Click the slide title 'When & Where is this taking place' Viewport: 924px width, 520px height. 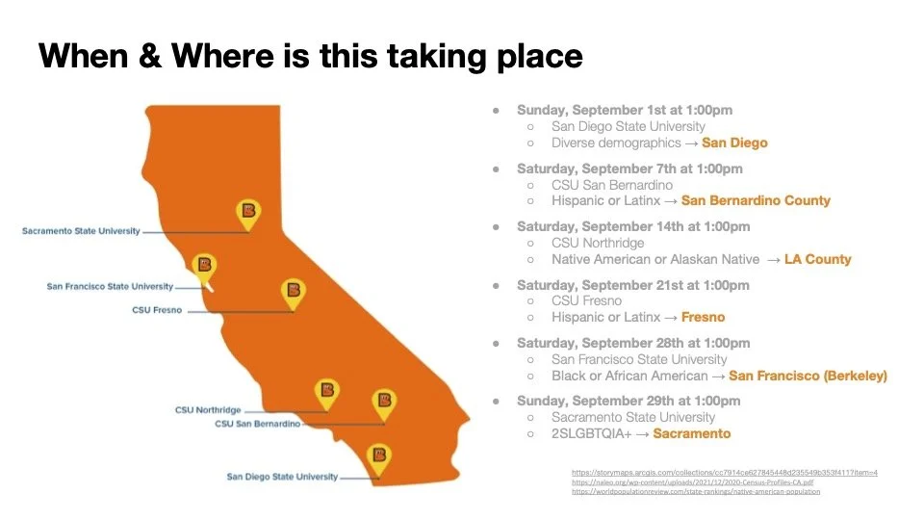[310, 56]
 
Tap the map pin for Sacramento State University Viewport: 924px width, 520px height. [249, 213]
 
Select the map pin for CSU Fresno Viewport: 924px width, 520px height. [294, 292]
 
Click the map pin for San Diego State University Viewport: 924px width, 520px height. [379, 456]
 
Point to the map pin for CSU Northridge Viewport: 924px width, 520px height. [327, 392]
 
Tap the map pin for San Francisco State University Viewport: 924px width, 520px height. [203, 267]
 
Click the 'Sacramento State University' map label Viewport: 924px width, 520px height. [81, 231]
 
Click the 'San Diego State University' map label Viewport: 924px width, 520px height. [282, 477]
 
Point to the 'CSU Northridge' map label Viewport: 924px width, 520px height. [208, 410]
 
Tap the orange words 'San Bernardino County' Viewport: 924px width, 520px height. [756, 201]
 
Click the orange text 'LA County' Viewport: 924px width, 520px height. [817, 259]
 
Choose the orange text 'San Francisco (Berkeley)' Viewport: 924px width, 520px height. [808, 376]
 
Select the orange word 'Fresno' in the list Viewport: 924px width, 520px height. [703, 317]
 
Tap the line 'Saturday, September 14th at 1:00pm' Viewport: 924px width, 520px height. [632, 227]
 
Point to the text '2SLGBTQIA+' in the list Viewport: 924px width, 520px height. [587, 433]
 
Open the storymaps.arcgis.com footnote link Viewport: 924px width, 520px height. [724, 473]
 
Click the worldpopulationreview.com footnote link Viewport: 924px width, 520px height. [696, 491]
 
